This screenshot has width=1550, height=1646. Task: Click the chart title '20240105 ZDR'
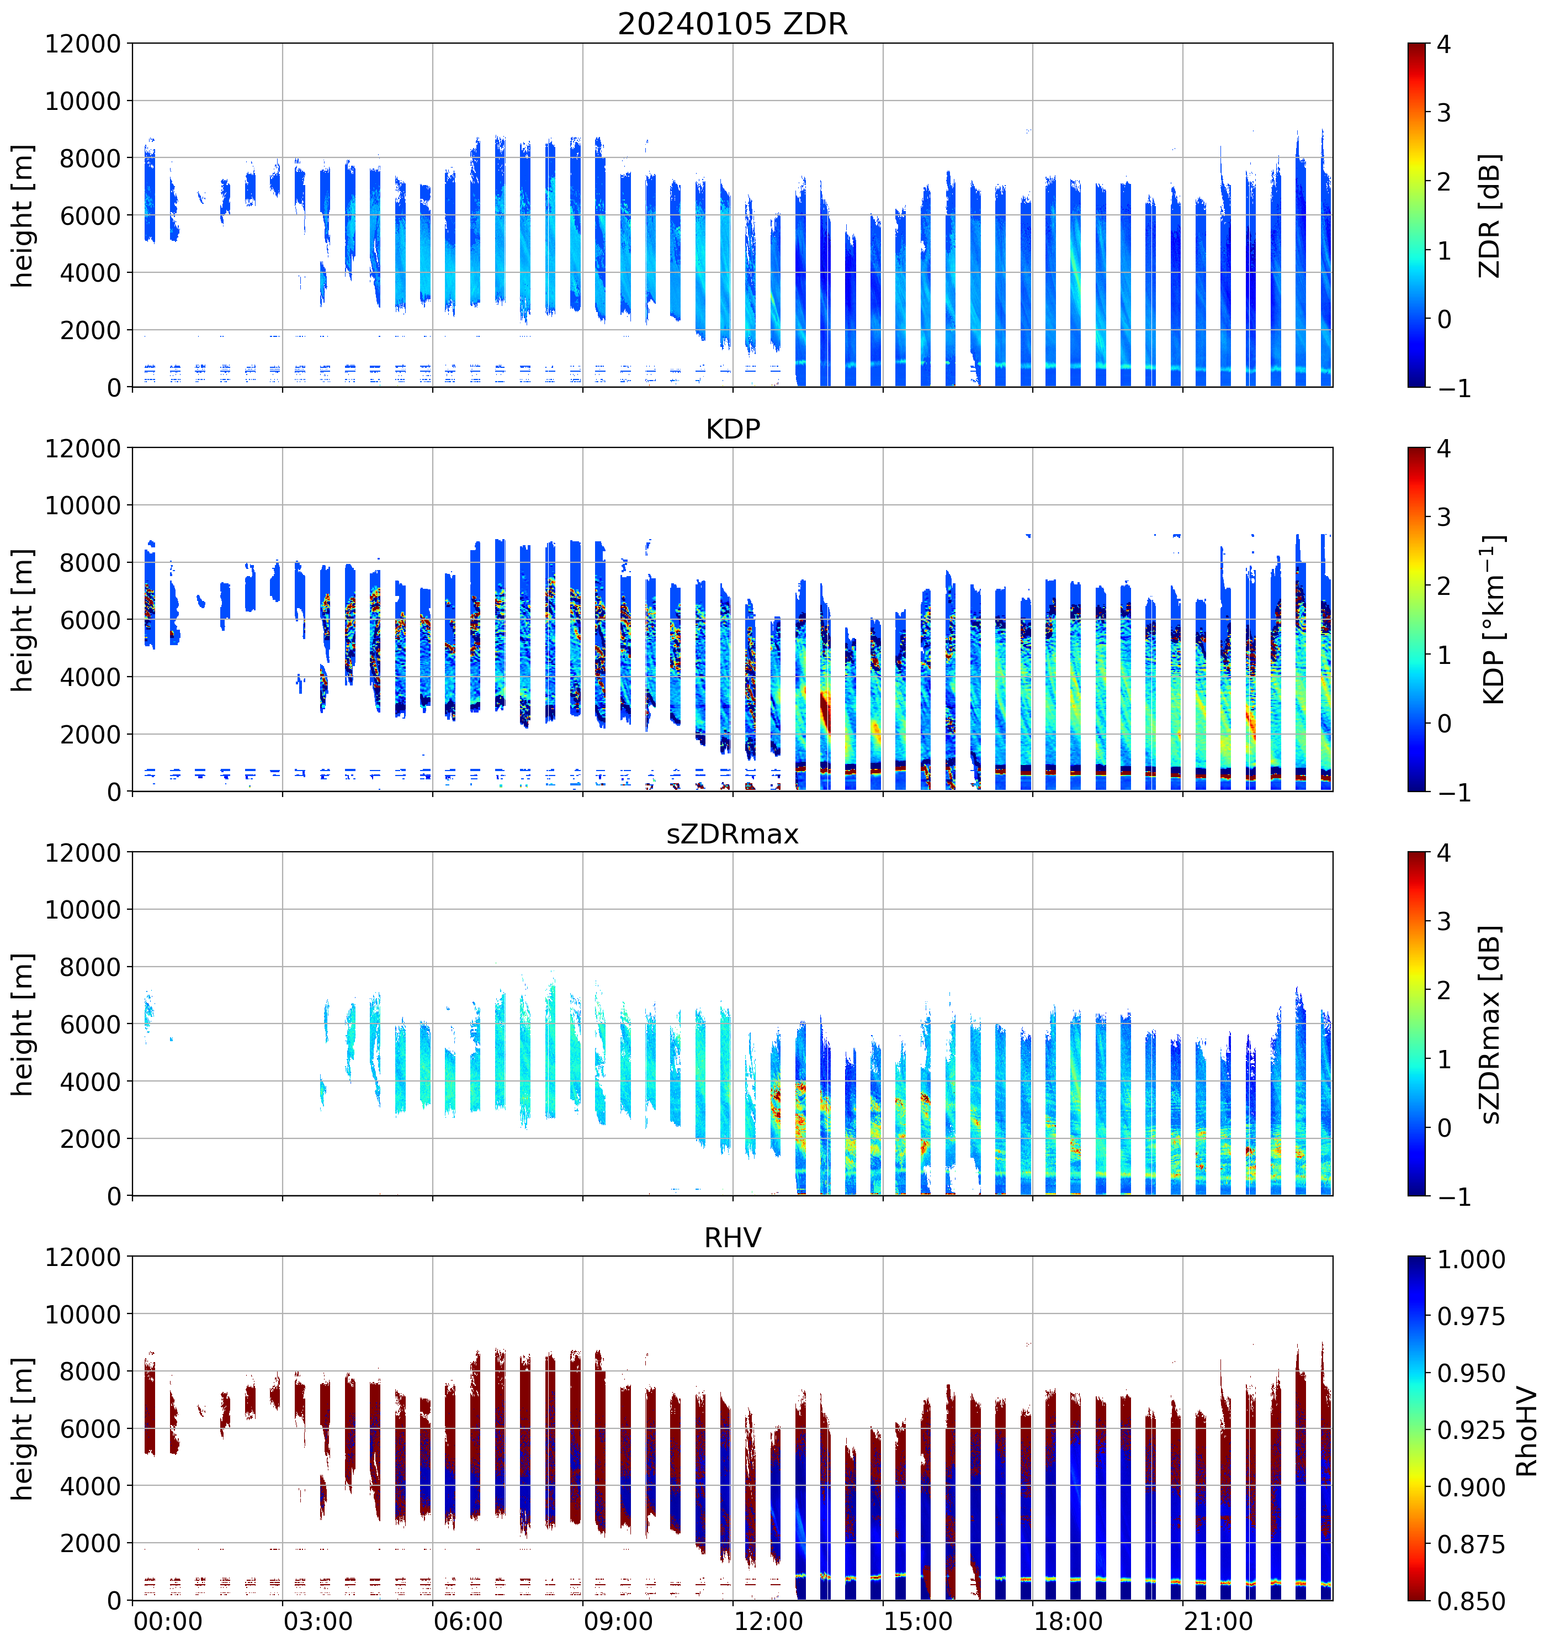coord(732,24)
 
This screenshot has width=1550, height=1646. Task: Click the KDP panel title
coord(732,429)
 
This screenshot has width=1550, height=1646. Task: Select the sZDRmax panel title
coord(732,833)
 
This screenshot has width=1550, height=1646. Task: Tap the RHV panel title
coord(732,1238)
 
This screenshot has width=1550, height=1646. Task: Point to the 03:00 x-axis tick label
coord(318,1621)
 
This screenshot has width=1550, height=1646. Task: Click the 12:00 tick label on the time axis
coord(768,1621)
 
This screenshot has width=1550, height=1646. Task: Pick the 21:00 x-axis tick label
coord(1218,1621)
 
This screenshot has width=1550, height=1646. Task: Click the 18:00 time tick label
coord(1068,1621)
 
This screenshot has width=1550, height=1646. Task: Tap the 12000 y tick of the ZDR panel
coord(83,44)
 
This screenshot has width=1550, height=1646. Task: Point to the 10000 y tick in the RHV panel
coord(83,1315)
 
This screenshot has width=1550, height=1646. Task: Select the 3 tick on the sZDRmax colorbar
coord(1444,921)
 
